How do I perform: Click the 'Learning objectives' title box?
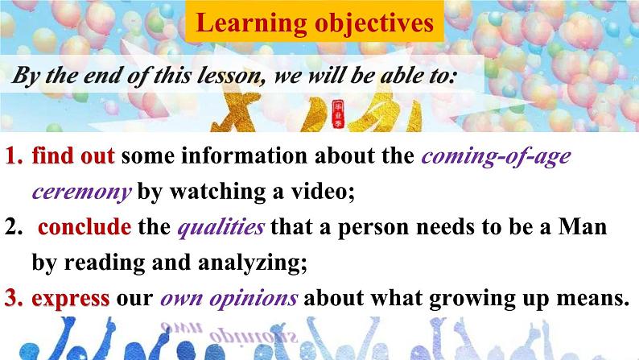(x=315, y=24)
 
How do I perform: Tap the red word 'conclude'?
(x=85, y=228)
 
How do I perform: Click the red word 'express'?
(x=71, y=298)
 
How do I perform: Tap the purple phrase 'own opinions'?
(x=230, y=298)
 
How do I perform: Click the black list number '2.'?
(x=14, y=228)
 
